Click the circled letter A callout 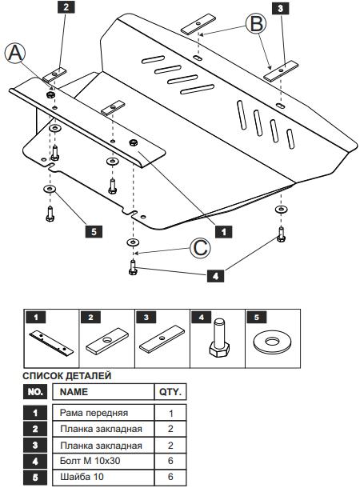click(x=14, y=53)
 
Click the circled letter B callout click(x=256, y=24)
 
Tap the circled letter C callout click(x=200, y=248)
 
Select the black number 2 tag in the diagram click(x=66, y=7)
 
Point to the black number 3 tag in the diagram click(x=280, y=9)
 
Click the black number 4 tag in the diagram click(x=215, y=276)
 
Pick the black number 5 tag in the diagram click(x=94, y=231)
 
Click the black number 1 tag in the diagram click(x=223, y=231)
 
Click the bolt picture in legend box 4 click(x=219, y=338)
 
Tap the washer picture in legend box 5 click(x=273, y=342)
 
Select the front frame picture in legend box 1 click(x=51, y=343)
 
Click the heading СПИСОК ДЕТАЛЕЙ click(x=67, y=376)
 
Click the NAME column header click(x=74, y=391)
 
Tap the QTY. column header click(x=170, y=391)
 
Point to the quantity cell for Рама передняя click(x=170, y=413)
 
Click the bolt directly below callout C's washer click(x=133, y=268)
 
